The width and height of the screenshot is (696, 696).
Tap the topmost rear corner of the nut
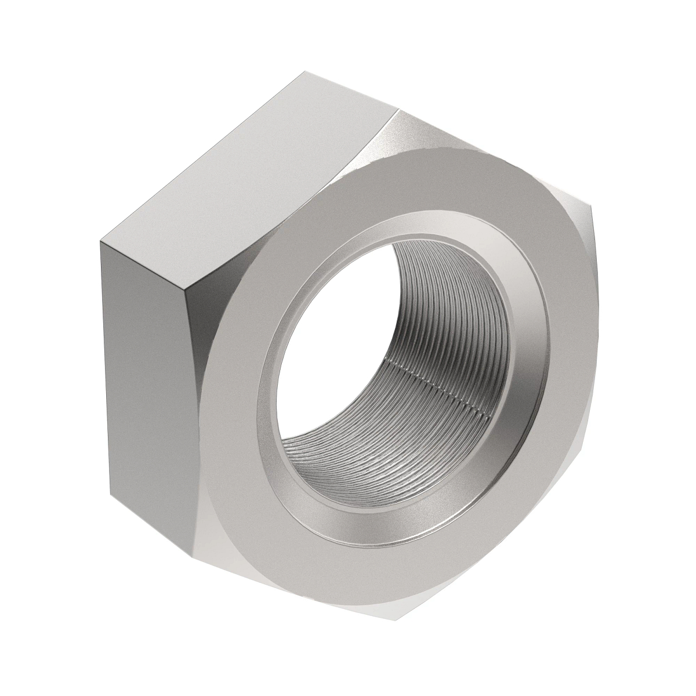click(306, 72)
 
